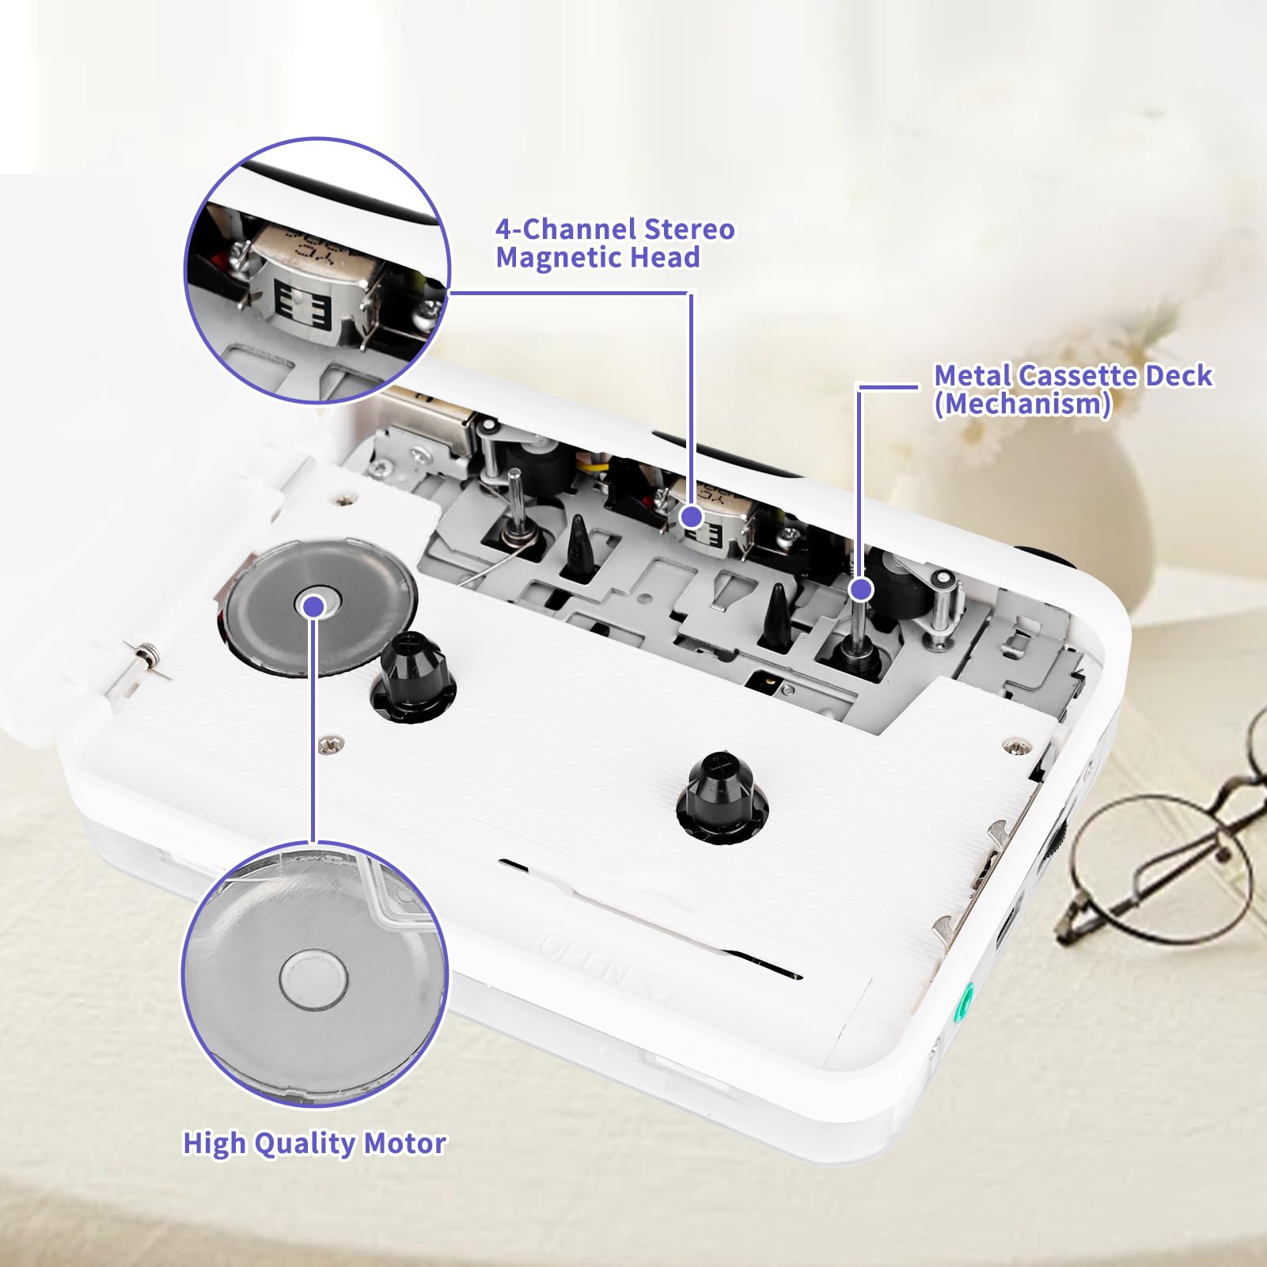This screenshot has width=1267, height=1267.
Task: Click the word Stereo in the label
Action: tap(689, 230)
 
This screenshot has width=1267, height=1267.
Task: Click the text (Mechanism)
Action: tap(1022, 404)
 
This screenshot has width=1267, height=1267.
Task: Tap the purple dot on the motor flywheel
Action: tap(315, 606)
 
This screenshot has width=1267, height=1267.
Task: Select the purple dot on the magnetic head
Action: tap(692, 517)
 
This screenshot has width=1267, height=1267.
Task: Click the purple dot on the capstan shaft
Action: tap(861, 589)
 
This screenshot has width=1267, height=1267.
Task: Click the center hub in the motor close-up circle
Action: tap(313, 980)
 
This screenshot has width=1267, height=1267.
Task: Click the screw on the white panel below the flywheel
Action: tap(330, 743)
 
